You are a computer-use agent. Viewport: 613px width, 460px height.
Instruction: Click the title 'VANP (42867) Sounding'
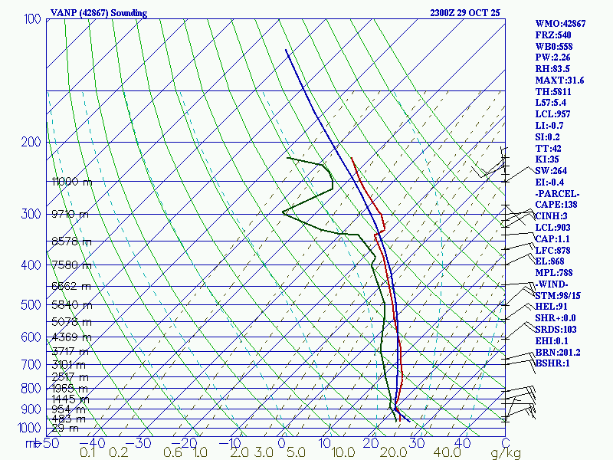99,13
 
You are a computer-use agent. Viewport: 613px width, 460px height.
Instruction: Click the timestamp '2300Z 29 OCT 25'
466,13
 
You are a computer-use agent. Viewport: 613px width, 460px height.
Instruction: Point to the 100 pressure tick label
32,18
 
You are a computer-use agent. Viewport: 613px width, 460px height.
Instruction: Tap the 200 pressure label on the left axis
32,142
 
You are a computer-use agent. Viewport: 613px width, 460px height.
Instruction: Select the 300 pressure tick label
32,214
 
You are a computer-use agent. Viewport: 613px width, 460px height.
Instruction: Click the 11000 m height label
71,182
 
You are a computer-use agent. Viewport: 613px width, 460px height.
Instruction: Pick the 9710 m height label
70,215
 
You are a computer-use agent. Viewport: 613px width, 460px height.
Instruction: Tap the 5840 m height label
70,305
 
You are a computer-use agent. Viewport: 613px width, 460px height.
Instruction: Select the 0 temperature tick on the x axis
282,443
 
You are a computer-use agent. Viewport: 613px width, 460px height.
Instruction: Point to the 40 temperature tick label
462,443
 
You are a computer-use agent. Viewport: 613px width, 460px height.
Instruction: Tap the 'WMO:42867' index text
560,24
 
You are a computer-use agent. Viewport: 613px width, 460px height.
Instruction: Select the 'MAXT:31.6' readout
560,80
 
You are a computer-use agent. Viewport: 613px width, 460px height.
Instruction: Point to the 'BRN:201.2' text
559,352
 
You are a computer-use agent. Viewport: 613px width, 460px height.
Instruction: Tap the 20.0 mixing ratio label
393,453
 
